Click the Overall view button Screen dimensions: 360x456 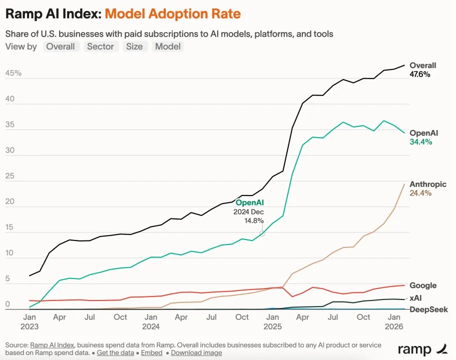pyautogui.click(x=61, y=46)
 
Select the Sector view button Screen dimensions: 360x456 pyautogui.click(x=100, y=46)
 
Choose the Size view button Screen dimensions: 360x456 pyautogui.click(x=134, y=46)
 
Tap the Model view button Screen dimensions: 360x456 pyautogui.click(x=168, y=46)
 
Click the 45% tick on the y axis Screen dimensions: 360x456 pyautogui.click(x=14, y=73)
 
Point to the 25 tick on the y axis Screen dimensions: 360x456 pyautogui.click(x=10, y=176)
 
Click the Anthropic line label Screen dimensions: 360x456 pyautogui.click(x=428, y=184)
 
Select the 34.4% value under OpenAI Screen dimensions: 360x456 pyautogui.click(x=420, y=142)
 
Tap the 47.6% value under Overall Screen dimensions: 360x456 pyautogui.click(x=420, y=74)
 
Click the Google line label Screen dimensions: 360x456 pyautogui.click(x=423, y=285)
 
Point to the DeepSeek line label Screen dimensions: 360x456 pyautogui.click(x=428, y=309)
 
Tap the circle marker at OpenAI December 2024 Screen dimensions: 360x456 pyautogui.click(x=262, y=233)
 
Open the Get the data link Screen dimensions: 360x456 pyautogui.click(x=115, y=352)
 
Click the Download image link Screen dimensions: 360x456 pyautogui.click(x=196, y=352)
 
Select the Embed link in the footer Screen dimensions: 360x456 pyautogui.click(x=152, y=352)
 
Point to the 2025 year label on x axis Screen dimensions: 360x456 pyautogui.click(x=272, y=326)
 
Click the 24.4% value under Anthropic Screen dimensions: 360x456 pyautogui.click(x=420, y=193)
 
